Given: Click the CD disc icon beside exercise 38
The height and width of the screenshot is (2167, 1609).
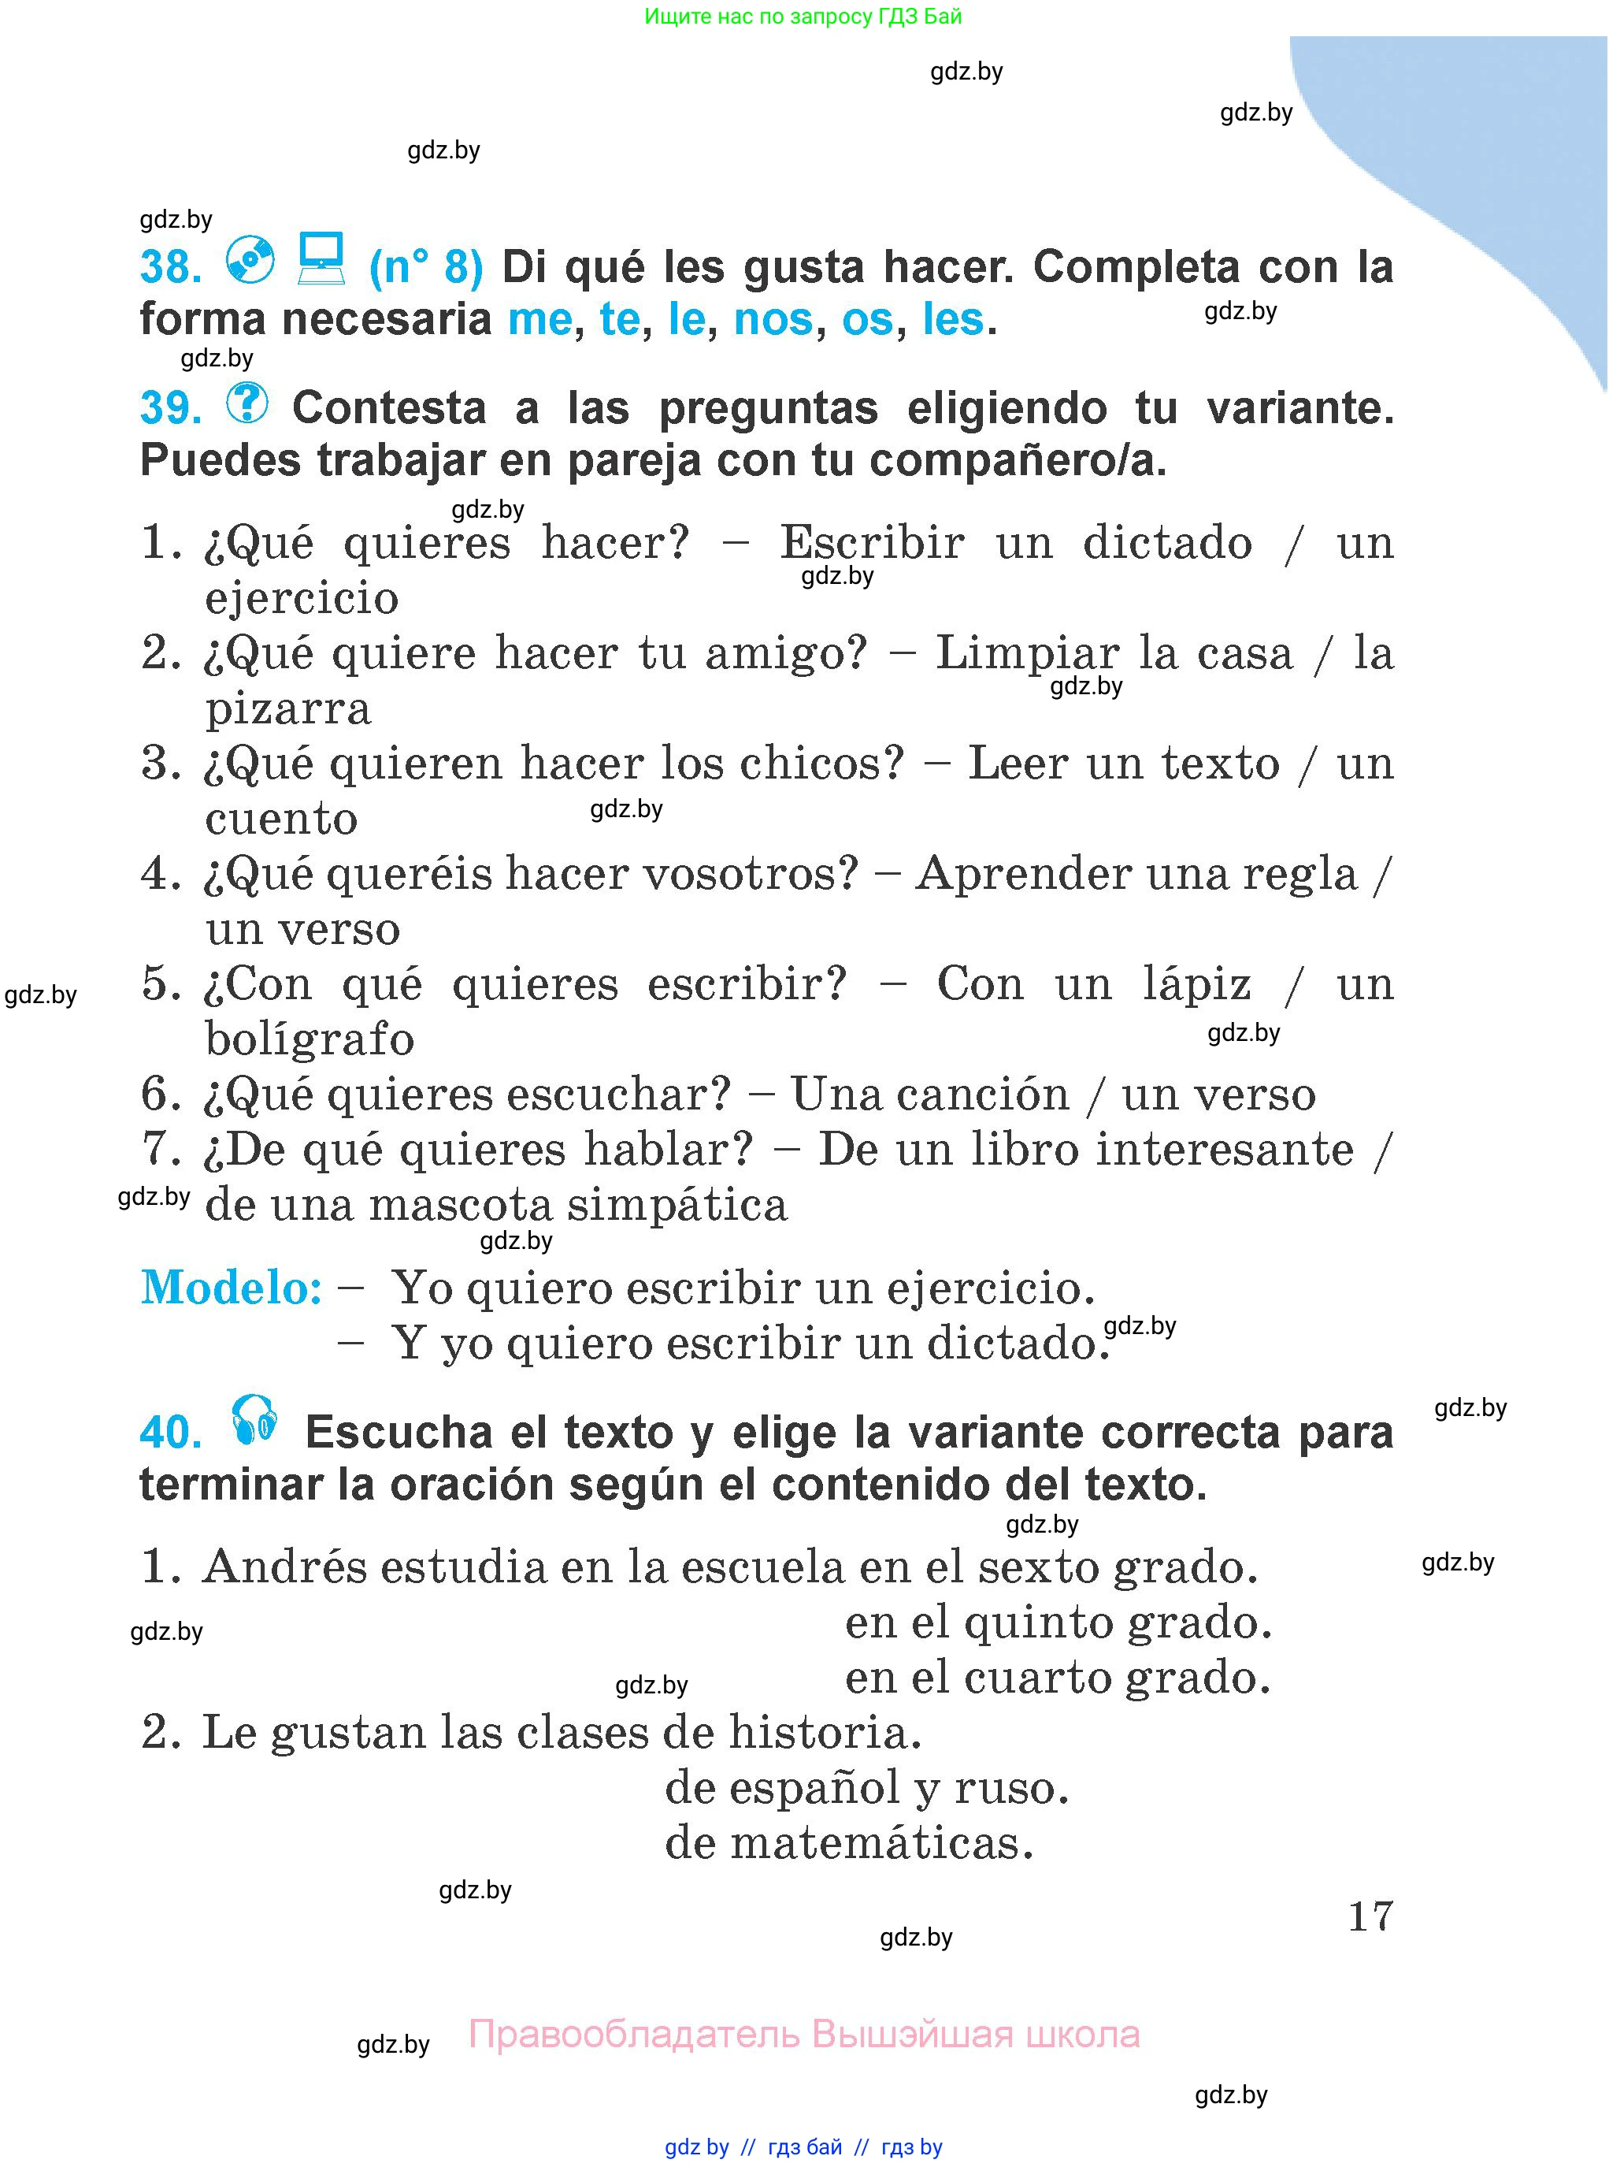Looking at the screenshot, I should (x=250, y=260).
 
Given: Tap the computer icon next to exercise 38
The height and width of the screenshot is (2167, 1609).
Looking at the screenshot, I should (x=321, y=258).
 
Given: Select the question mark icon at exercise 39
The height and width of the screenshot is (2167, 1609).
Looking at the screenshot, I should (x=247, y=403).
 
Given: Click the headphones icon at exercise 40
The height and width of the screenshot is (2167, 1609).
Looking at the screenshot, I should (x=254, y=1421).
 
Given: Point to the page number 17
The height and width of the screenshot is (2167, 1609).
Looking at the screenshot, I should (x=1370, y=1916).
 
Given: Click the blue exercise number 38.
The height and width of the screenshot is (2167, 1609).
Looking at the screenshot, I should (x=170, y=267).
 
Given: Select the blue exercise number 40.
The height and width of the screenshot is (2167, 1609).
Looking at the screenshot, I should (x=170, y=1433).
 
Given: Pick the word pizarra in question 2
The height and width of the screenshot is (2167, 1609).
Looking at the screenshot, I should (x=288, y=708).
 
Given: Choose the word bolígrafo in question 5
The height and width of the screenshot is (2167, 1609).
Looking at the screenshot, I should (x=310, y=1039).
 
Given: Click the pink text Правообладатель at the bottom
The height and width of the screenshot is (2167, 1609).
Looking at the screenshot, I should (x=634, y=2035).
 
